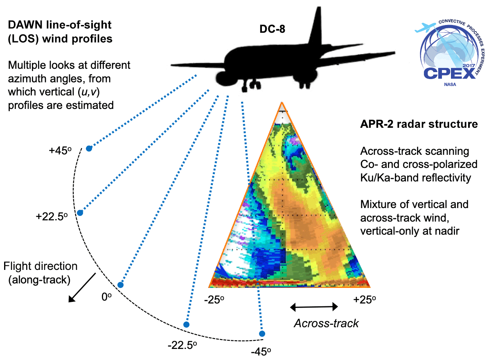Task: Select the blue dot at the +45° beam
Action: click(89, 149)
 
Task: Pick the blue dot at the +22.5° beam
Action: click(80, 213)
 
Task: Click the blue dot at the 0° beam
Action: click(120, 285)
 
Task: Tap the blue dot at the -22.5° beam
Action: click(186, 324)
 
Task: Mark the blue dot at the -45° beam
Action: click(262, 334)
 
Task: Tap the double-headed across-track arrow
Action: click(314, 306)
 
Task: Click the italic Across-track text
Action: click(327, 323)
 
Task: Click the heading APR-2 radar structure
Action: click(419, 124)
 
